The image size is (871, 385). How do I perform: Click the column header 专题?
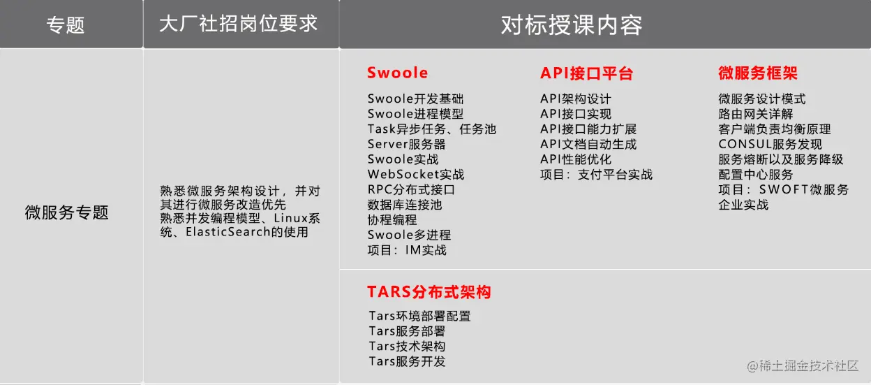tap(66, 25)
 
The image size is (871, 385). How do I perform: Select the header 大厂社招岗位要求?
tap(239, 24)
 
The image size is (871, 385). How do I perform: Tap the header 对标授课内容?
tap(572, 25)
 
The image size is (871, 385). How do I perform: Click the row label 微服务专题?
tap(66, 212)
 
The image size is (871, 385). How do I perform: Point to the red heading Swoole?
tap(397, 73)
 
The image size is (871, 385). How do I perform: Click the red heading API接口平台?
tap(586, 73)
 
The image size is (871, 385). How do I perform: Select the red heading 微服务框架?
tap(758, 73)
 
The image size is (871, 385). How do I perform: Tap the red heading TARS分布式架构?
tap(429, 291)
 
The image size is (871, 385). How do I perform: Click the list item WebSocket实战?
tap(416, 175)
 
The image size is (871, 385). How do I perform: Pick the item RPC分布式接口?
tap(411, 189)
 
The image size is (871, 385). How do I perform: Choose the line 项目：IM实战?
tap(407, 250)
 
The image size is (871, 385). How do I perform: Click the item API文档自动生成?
tap(588, 145)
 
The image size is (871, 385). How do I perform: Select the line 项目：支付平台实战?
tap(596, 175)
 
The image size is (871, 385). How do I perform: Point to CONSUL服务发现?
tap(770, 145)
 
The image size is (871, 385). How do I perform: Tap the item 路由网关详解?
tap(756, 114)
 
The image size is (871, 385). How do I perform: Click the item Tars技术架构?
tap(407, 346)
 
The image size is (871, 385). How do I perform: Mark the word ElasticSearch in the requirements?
tap(228, 232)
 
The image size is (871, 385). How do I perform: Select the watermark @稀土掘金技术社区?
tap(803, 365)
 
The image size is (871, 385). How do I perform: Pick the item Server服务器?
tap(406, 145)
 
